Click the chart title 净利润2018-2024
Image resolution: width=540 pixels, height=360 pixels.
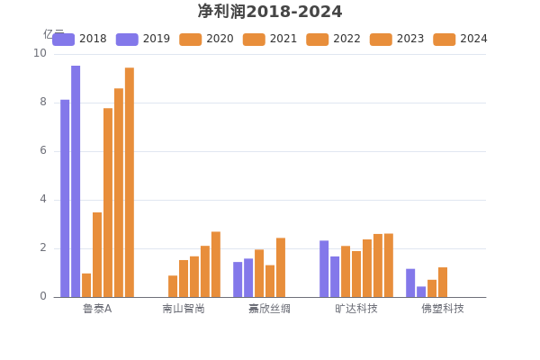pos(270,12)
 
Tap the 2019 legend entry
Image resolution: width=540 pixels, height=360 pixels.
pos(143,39)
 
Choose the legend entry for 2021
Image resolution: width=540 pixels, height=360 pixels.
pos(270,39)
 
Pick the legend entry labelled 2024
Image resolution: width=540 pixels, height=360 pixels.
pos(460,39)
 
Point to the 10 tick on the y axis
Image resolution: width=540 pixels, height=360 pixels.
pos(40,53)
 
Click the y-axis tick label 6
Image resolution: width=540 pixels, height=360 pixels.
pos(42,150)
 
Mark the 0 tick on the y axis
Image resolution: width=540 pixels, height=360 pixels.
pos(42,296)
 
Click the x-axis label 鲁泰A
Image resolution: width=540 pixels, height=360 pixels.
pos(97,309)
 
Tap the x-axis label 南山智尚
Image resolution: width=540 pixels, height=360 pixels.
pos(184,309)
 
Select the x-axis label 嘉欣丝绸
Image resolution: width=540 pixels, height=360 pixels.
pos(269,309)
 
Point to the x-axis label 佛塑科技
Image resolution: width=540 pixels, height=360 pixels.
pos(443,309)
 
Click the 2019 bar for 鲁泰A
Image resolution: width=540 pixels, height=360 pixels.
pos(76,181)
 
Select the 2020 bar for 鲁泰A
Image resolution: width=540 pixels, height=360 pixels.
pos(86,284)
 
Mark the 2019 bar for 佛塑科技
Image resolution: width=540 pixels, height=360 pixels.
pos(421,291)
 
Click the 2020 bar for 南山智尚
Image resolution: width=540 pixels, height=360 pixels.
pos(173,286)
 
